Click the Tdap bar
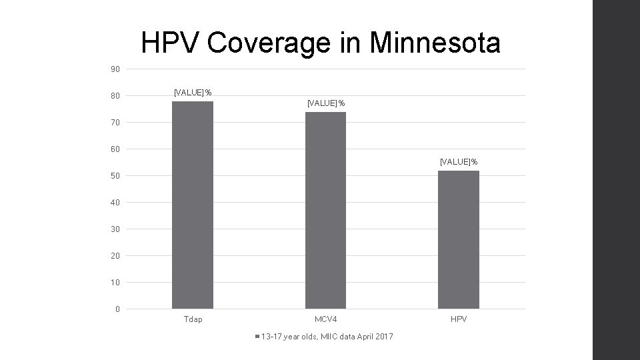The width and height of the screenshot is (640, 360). (193, 205)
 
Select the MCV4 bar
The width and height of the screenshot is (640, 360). (325, 210)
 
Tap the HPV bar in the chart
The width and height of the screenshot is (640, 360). (459, 239)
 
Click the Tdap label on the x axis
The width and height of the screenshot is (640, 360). (193, 319)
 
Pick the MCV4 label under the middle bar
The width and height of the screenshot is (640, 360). (325, 319)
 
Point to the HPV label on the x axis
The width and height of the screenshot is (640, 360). (459, 319)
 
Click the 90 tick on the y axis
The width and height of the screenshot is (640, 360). (115, 69)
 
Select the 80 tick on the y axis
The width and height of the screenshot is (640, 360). (115, 96)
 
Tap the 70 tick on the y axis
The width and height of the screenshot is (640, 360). (115, 123)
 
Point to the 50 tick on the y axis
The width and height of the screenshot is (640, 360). (115, 176)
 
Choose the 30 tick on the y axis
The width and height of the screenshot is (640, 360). (115, 229)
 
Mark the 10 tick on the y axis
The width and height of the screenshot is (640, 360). (115, 283)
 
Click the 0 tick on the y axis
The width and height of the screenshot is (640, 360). (117, 309)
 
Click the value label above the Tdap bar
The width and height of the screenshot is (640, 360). (193, 92)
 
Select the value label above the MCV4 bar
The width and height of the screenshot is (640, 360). (325, 103)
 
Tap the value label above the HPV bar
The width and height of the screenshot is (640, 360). (459, 161)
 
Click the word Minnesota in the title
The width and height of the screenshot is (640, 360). (434, 43)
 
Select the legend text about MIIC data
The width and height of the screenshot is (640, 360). (327, 336)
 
